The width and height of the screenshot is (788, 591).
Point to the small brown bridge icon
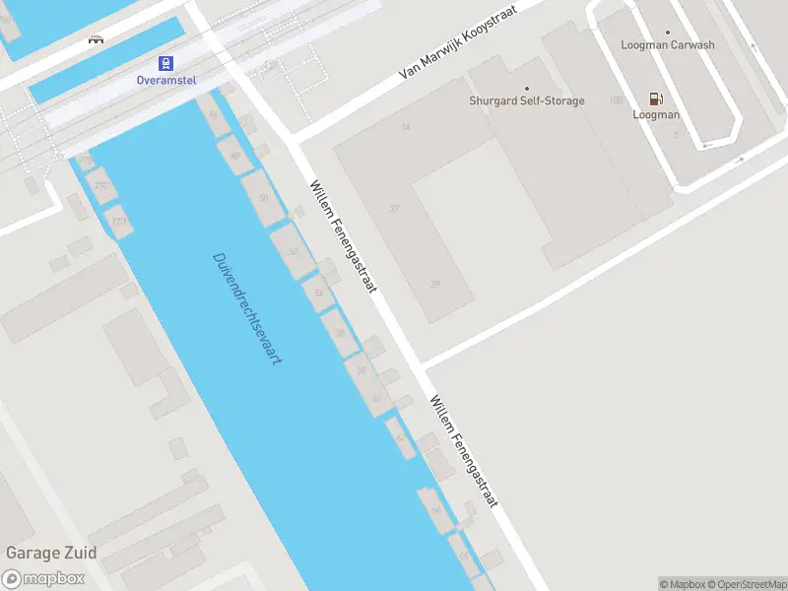(96, 39)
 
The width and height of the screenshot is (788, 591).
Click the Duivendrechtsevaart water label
(247, 309)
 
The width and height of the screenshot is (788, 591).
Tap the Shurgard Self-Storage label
(526, 101)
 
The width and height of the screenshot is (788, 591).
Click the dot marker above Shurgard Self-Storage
(526, 89)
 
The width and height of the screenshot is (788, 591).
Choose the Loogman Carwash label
(668, 45)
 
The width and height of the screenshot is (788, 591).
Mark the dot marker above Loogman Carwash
(668, 33)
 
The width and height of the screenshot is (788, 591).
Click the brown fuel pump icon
(655, 98)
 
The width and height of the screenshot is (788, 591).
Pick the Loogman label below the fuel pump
(656, 115)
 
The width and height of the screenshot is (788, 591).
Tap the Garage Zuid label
(44, 553)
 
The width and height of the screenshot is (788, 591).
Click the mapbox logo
(42, 579)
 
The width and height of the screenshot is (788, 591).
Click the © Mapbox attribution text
(683, 584)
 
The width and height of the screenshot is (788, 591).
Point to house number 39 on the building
(434, 285)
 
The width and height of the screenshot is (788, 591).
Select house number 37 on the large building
(395, 209)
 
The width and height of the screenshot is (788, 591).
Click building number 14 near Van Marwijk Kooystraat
(405, 127)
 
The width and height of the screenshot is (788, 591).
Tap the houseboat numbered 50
(262, 198)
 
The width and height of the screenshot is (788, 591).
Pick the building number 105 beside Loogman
(617, 100)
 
